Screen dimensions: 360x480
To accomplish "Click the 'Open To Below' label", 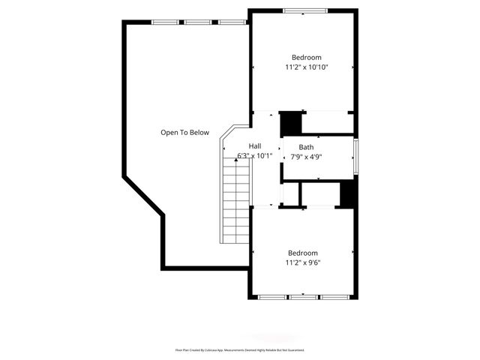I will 184,133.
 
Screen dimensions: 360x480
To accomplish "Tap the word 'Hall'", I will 255,146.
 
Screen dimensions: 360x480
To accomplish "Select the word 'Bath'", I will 306,147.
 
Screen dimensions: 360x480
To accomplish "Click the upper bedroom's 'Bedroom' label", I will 306,58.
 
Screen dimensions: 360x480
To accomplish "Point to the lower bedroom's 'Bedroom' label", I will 302,253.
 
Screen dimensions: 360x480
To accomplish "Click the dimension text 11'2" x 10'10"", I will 306,67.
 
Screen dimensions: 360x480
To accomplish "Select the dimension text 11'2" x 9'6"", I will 302,263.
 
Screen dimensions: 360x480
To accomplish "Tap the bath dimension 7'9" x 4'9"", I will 306,157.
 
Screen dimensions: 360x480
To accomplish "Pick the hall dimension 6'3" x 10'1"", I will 255,156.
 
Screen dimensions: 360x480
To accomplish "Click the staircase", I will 236,202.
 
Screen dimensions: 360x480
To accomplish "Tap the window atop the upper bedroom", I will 304,10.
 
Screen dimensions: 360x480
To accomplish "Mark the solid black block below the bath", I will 347,193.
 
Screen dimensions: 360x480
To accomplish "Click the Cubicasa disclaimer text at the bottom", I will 240,350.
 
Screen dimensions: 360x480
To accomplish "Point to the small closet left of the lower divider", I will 290,193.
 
